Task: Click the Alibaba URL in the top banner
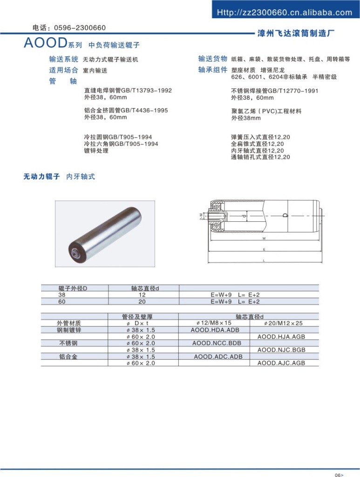[285, 13]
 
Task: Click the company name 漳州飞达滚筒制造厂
[296, 33]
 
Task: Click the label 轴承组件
[213, 70]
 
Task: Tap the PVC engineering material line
[266, 111]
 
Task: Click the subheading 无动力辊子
[42, 177]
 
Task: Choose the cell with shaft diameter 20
[142, 301]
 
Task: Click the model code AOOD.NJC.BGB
[281, 349]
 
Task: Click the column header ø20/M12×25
[283, 323]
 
